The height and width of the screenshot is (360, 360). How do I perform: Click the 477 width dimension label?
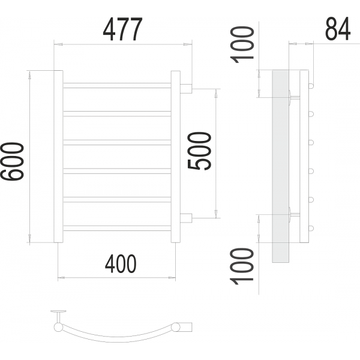(x=123, y=29)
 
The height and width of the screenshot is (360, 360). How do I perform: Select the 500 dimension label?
(x=199, y=151)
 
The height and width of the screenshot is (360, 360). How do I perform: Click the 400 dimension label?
(x=121, y=263)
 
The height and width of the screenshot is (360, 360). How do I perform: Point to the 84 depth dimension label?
(x=338, y=29)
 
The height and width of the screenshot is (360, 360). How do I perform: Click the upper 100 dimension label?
(x=243, y=45)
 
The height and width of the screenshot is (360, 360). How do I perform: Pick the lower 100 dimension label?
(x=242, y=266)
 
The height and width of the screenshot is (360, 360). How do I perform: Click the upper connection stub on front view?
(x=186, y=89)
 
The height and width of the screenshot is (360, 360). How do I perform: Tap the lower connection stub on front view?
(x=186, y=218)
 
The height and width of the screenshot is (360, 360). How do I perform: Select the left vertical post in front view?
(x=58, y=157)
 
